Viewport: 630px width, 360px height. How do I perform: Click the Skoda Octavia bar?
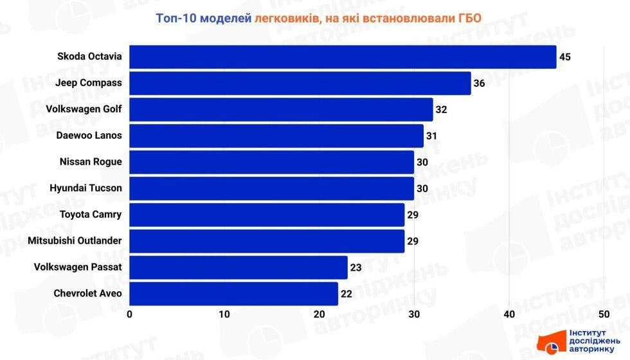tap(343, 57)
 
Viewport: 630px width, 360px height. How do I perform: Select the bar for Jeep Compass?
tap(300, 83)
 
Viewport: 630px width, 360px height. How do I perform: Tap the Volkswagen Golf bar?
tap(281, 109)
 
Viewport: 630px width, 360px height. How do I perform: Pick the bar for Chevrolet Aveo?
tap(233, 294)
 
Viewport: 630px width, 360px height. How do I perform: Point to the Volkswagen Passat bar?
tap(239, 267)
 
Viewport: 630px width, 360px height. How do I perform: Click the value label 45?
tap(565, 57)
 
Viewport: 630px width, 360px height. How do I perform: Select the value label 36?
tap(479, 83)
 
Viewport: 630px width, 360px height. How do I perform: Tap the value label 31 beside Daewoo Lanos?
tap(431, 136)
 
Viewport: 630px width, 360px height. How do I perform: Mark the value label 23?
tap(355, 267)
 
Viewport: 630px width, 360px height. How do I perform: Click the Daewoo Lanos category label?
tap(89, 136)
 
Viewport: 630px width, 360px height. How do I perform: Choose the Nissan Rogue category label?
tap(90, 162)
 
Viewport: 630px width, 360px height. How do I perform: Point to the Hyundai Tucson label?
tap(85, 188)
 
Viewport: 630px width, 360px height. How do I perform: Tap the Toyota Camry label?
tap(90, 215)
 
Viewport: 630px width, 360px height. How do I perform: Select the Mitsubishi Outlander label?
tap(75, 241)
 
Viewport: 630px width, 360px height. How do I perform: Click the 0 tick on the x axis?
tap(130, 314)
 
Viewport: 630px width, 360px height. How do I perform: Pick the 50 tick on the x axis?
tap(604, 314)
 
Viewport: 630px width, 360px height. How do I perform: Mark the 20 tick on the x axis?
tap(319, 314)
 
